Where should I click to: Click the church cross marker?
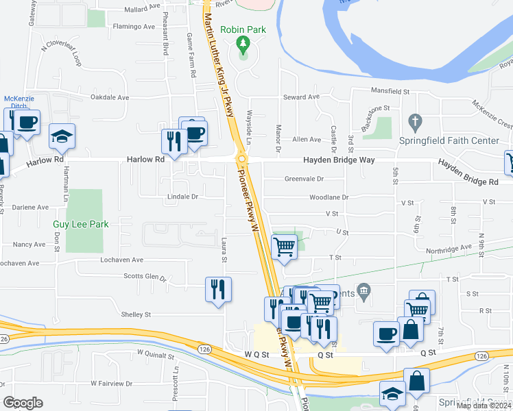[414, 123]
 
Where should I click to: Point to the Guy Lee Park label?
[81, 224]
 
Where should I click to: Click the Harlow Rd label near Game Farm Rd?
[146, 158]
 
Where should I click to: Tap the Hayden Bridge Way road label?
[340, 160]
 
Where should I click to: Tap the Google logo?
[23, 403]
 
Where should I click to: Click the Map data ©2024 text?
[483, 406]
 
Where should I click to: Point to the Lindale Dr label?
[182, 197]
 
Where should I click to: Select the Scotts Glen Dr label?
[145, 277]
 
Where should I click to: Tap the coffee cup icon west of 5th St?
[386, 332]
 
